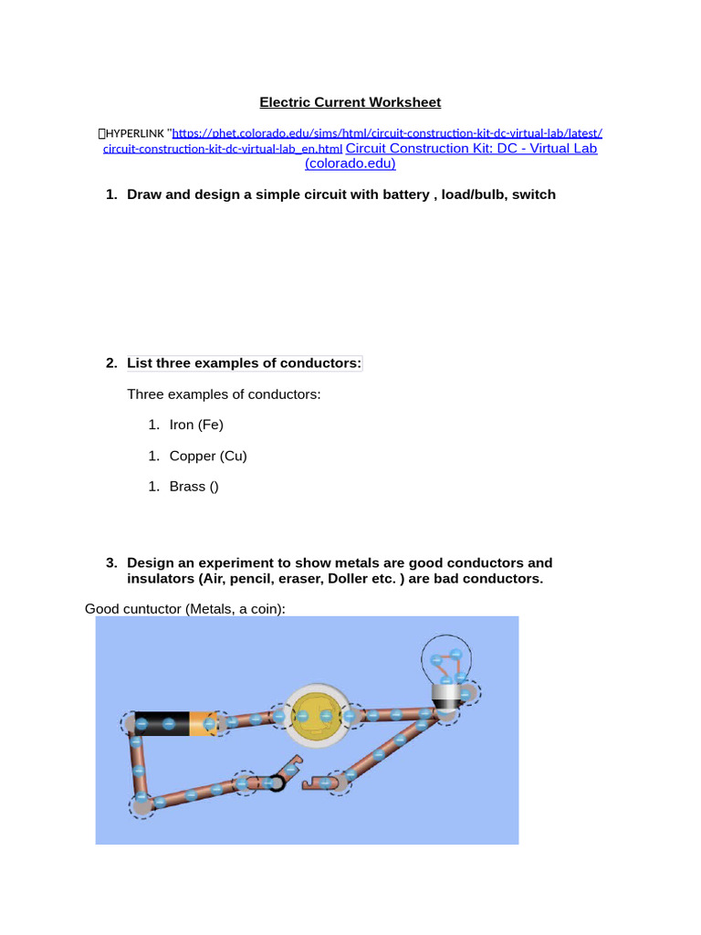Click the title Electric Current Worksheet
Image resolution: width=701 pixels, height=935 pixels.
click(x=350, y=102)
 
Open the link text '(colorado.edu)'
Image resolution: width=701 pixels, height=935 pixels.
click(x=350, y=163)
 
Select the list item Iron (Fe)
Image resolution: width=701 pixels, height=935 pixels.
click(x=196, y=425)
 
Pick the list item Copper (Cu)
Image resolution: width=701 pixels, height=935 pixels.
click(x=208, y=456)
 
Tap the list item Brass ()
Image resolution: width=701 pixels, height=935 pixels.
click(x=194, y=487)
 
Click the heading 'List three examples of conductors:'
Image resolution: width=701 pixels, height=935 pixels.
click(x=244, y=363)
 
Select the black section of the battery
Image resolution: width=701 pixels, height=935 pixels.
click(x=161, y=724)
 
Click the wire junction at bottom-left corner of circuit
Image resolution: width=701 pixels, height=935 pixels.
click(x=142, y=804)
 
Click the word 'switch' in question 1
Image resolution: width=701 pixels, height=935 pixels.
click(x=533, y=194)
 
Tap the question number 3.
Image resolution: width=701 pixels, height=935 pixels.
click(x=110, y=563)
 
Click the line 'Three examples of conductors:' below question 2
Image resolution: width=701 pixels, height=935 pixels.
click(x=224, y=394)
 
